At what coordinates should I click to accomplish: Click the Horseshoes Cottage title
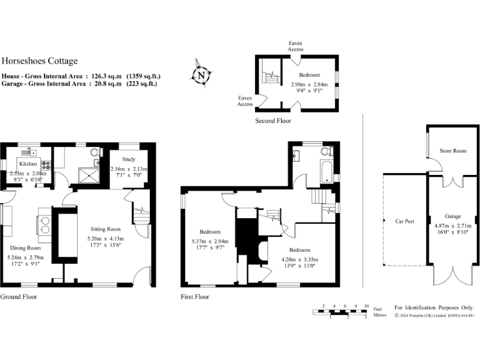[x=40, y=61]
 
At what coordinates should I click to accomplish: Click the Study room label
[x=128, y=159]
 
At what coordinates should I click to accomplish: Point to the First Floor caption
[x=194, y=297]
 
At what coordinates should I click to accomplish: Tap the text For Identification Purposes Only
[x=434, y=307]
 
